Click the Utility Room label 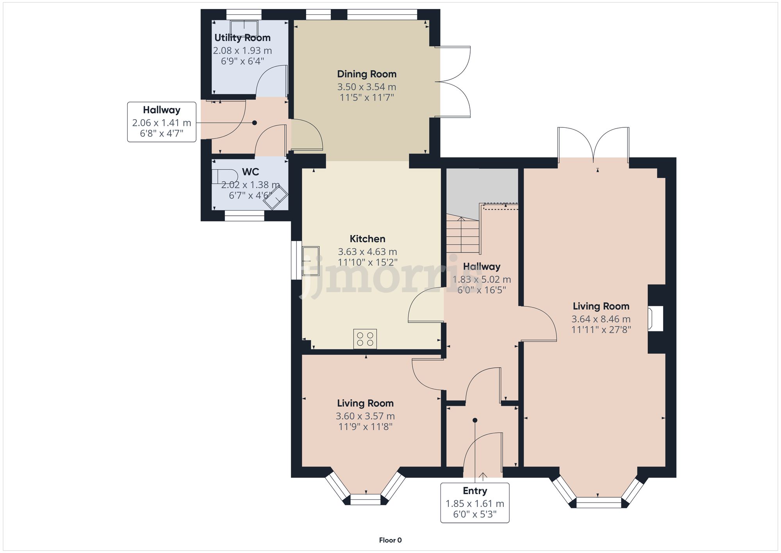242,38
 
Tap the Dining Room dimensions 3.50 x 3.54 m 367,87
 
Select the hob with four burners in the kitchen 365,338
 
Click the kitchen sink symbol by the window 311,262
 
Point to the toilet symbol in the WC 225,176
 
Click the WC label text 250,172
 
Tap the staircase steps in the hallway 463,234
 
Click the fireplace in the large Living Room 656,319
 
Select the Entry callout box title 475,491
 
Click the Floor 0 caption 390,540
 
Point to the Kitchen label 367,239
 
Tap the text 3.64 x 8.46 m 601,319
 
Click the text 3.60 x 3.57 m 365,416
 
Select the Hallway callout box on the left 162,122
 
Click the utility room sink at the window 244,28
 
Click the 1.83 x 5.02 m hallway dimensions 481,279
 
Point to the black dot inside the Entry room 475,421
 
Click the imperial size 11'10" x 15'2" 367,262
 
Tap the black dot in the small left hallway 255,123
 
